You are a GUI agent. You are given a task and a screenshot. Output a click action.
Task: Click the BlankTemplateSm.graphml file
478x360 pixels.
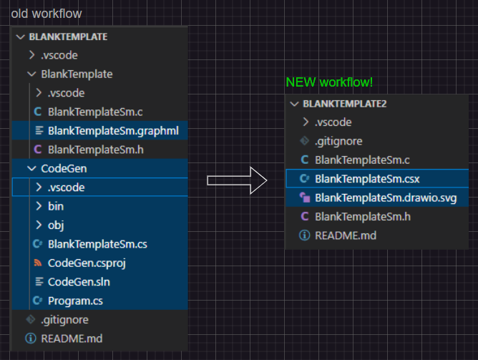(x=112, y=130)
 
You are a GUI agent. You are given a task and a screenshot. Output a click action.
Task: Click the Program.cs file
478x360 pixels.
(x=75, y=300)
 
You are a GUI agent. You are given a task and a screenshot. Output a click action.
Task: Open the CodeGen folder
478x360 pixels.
(x=64, y=168)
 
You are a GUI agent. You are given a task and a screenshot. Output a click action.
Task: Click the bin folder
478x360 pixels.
(x=56, y=206)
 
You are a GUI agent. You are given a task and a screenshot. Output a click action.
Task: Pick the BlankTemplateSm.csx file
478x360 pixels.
(x=367, y=178)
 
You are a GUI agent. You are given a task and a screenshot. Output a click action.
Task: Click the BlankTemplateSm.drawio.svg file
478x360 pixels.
(x=385, y=197)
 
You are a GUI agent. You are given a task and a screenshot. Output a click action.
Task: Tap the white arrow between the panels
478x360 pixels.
(x=237, y=180)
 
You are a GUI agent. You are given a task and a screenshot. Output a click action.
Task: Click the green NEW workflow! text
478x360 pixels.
(x=329, y=82)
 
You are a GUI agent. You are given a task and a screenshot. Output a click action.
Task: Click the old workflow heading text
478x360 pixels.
(x=47, y=14)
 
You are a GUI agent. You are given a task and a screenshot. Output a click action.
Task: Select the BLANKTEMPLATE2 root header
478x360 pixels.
(x=345, y=103)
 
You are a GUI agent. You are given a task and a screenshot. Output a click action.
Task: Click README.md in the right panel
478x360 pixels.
(x=345, y=234)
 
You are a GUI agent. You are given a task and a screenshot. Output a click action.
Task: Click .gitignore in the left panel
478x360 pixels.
(x=65, y=319)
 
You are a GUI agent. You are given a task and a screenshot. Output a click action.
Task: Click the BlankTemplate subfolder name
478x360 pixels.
(x=77, y=74)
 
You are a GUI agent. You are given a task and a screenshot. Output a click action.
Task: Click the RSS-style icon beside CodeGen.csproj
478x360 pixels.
(x=38, y=263)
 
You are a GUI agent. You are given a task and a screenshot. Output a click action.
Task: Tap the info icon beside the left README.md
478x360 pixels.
(x=30, y=338)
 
